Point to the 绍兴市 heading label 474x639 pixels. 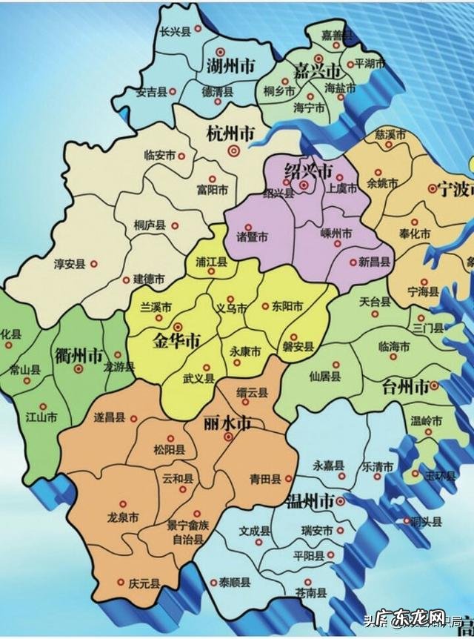tap(308, 170)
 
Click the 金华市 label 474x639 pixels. tap(176, 342)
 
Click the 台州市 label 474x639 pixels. tap(405, 386)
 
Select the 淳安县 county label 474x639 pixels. tap(70, 263)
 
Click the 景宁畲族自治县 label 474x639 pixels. tap(187, 532)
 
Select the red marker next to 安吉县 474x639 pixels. tap(173, 91)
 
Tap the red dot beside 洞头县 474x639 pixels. tap(406, 521)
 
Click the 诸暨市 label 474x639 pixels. tap(252, 237)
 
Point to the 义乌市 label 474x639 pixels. tap(230, 307)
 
